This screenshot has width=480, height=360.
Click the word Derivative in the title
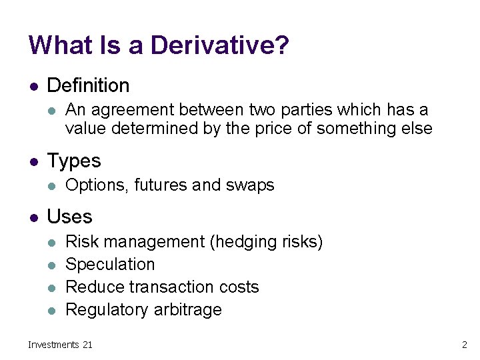pyautogui.click(x=219, y=45)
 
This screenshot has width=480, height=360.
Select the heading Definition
pyautogui.click(x=88, y=85)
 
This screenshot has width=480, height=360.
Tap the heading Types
pyautogui.click(x=74, y=161)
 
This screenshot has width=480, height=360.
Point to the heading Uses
pyautogui.click(x=70, y=217)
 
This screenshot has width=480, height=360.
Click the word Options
pyautogui.click(x=97, y=185)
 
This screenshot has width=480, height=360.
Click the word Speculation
pyautogui.click(x=110, y=265)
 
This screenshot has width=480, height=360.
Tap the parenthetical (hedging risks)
pyautogui.click(x=266, y=242)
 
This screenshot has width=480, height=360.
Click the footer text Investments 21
pyautogui.click(x=60, y=345)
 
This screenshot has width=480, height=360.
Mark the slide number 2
pyautogui.click(x=464, y=345)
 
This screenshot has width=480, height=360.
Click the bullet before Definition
pyautogui.click(x=33, y=86)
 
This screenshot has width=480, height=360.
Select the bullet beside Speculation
pyautogui.click(x=52, y=265)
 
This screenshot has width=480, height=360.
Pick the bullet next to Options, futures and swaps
pyautogui.click(x=52, y=186)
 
